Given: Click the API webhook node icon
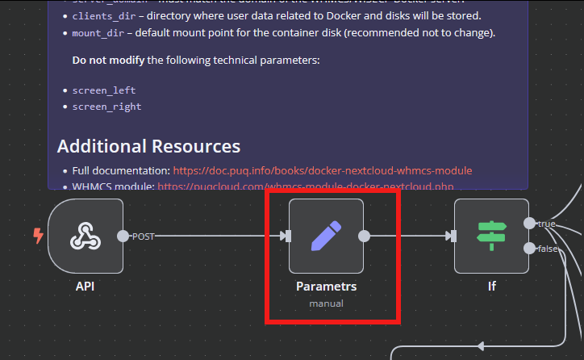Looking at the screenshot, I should pos(85,237).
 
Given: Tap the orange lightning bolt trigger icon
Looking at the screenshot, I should pos(37,236).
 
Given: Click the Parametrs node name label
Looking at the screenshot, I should pos(326,286).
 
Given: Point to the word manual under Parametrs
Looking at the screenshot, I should pos(326,303).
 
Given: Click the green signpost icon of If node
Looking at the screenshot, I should pos(490,237).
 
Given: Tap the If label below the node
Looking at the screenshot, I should pos(491,286).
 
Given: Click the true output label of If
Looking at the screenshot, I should pos(547,224).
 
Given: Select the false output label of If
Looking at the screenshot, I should pos(549,249).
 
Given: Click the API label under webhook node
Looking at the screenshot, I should pos(86,286).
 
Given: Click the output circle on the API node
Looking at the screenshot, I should pos(123,237).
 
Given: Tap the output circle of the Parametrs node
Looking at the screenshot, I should pos(364,237).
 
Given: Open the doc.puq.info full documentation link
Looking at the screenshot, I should pos(322,171).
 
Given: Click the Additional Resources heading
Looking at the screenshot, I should pos(148,146).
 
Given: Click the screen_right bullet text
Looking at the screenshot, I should pos(106,107).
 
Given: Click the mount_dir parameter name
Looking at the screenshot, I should pos(98,33).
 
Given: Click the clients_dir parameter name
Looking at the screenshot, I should pos(104,16).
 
